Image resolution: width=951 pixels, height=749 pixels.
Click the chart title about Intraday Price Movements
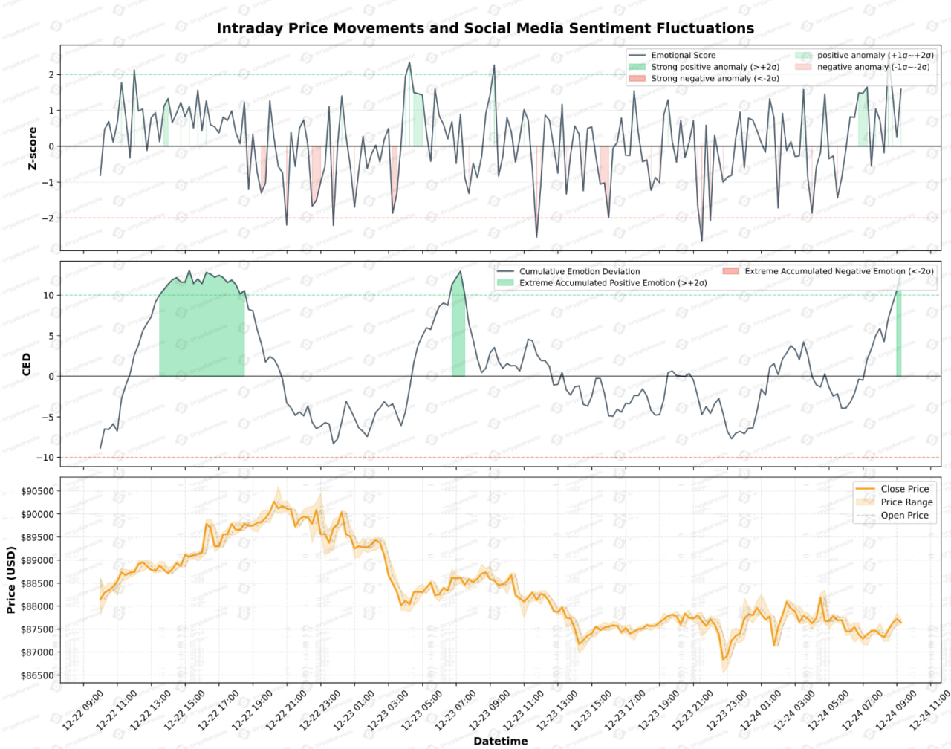point(485,28)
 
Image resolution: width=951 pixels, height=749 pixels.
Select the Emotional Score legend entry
point(683,56)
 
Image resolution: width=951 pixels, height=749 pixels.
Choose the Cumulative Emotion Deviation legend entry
point(579,272)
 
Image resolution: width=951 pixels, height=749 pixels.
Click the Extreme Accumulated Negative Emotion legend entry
point(839,272)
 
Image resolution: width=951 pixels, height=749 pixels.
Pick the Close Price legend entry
point(904,489)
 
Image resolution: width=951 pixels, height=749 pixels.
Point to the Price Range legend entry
point(906,502)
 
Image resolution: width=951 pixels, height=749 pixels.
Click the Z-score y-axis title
point(32,149)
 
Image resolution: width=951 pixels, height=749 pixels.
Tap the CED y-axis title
point(27,364)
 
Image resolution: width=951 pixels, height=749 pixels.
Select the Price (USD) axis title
point(11,580)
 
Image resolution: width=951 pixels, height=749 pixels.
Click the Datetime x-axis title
point(500,741)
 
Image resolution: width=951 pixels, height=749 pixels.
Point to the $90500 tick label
point(36,491)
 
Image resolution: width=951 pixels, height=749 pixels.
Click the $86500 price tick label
point(36,676)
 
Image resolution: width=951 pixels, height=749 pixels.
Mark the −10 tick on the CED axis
point(45,458)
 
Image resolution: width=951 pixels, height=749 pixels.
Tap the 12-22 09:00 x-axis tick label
point(83,710)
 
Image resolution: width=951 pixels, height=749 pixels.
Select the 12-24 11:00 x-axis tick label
point(929,710)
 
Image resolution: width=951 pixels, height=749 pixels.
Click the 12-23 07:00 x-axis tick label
point(455,710)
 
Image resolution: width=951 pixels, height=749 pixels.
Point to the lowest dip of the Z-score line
point(701,241)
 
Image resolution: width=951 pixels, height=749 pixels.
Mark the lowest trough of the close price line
point(722,659)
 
